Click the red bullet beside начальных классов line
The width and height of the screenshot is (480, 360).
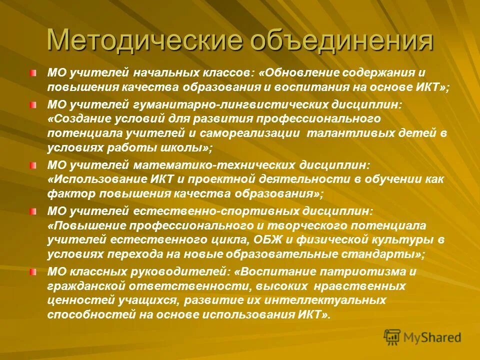pyautogui.click(x=33, y=73)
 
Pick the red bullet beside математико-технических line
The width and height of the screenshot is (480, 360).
pyautogui.click(x=33, y=165)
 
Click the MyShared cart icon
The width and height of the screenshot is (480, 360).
pyautogui.click(x=392, y=337)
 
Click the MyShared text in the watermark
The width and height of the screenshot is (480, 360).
pyautogui.click(x=432, y=337)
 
